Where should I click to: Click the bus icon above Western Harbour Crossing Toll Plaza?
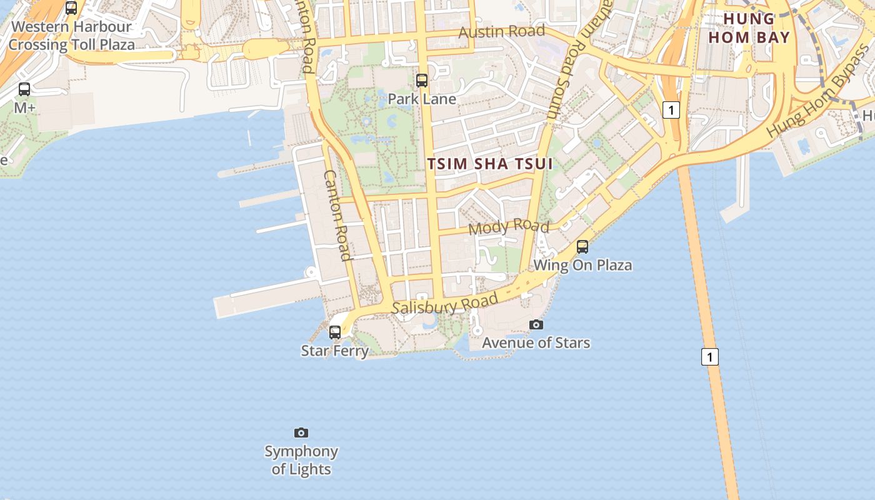tap(71, 8)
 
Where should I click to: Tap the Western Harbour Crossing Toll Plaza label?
tap(71, 36)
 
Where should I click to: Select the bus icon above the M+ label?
tap(24, 89)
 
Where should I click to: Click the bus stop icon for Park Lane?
tap(422, 81)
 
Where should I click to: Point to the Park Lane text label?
tap(422, 99)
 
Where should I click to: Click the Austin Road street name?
tap(502, 31)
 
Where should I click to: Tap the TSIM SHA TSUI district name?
tap(491, 164)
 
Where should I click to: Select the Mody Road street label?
tap(509, 227)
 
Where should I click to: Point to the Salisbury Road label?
tap(445, 304)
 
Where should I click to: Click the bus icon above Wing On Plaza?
tap(582, 247)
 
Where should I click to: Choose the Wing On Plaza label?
tap(582, 265)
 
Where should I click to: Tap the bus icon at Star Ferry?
tap(335, 332)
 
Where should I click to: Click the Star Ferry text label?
tap(335, 351)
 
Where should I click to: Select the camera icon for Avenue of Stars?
tap(536, 324)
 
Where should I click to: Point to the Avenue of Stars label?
tap(536, 342)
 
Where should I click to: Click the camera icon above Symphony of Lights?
tap(301, 432)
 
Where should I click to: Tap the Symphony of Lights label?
tap(301, 460)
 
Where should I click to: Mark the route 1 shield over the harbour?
tap(709, 357)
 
